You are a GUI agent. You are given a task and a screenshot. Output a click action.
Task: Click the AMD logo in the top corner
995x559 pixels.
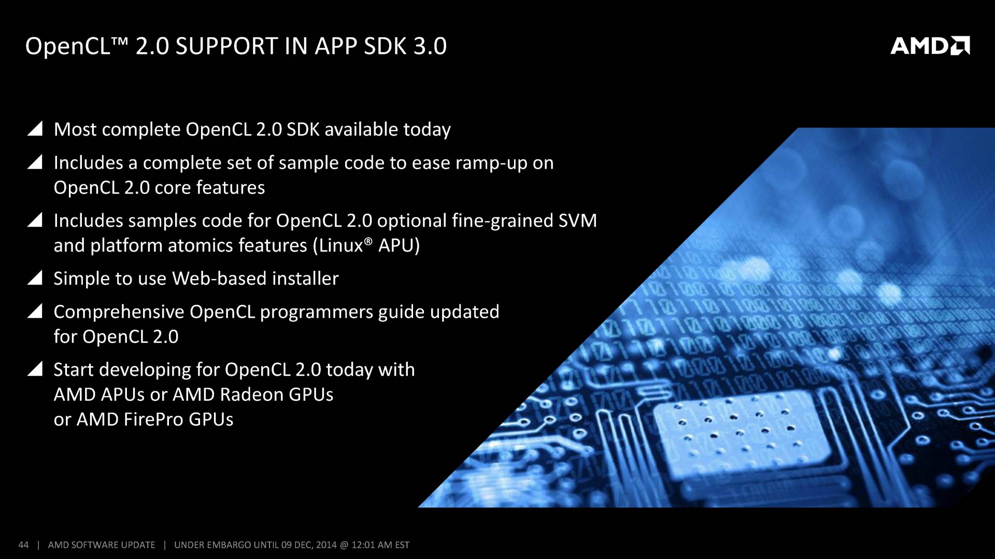tap(930, 46)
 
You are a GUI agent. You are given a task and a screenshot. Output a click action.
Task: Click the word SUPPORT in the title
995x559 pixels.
tap(227, 46)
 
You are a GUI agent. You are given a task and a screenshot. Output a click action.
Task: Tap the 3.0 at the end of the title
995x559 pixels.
tap(430, 46)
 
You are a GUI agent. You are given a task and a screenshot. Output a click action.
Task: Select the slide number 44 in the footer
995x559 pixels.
tap(23, 545)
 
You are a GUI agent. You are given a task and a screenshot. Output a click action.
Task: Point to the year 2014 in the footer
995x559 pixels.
tap(326, 545)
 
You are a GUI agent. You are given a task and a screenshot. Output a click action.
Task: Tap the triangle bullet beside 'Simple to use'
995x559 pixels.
tap(35, 277)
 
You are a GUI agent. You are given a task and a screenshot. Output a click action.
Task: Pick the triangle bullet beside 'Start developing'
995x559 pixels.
tap(35, 369)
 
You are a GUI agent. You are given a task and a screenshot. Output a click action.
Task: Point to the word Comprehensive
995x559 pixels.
tap(119, 312)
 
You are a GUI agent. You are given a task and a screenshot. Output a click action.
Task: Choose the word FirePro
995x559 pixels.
tap(153, 419)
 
